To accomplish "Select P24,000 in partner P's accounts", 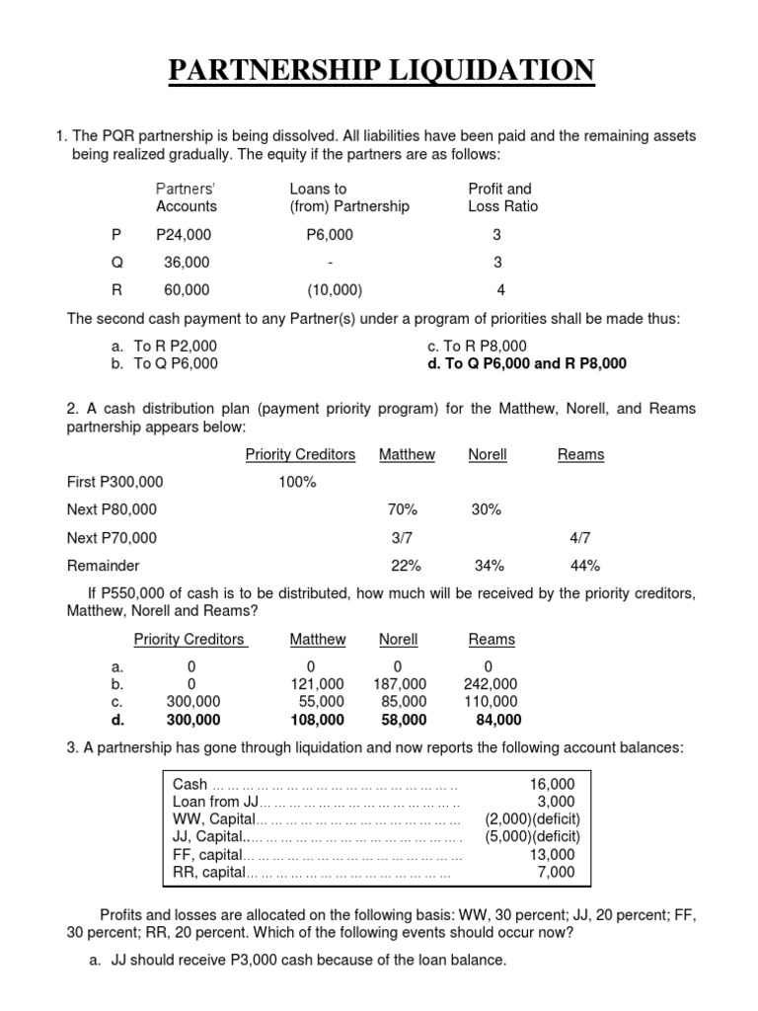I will [x=184, y=235].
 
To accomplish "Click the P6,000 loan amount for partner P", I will [x=330, y=235].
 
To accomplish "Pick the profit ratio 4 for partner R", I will [x=498, y=290].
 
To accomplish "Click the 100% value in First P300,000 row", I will [x=297, y=482].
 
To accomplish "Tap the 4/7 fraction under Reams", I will [x=577, y=538].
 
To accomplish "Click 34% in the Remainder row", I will [x=489, y=566].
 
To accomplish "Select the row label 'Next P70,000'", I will [x=112, y=538].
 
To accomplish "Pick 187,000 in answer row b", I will [x=400, y=684].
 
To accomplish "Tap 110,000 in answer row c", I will [x=491, y=702].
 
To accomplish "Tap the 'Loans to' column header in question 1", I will [x=318, y=189].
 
